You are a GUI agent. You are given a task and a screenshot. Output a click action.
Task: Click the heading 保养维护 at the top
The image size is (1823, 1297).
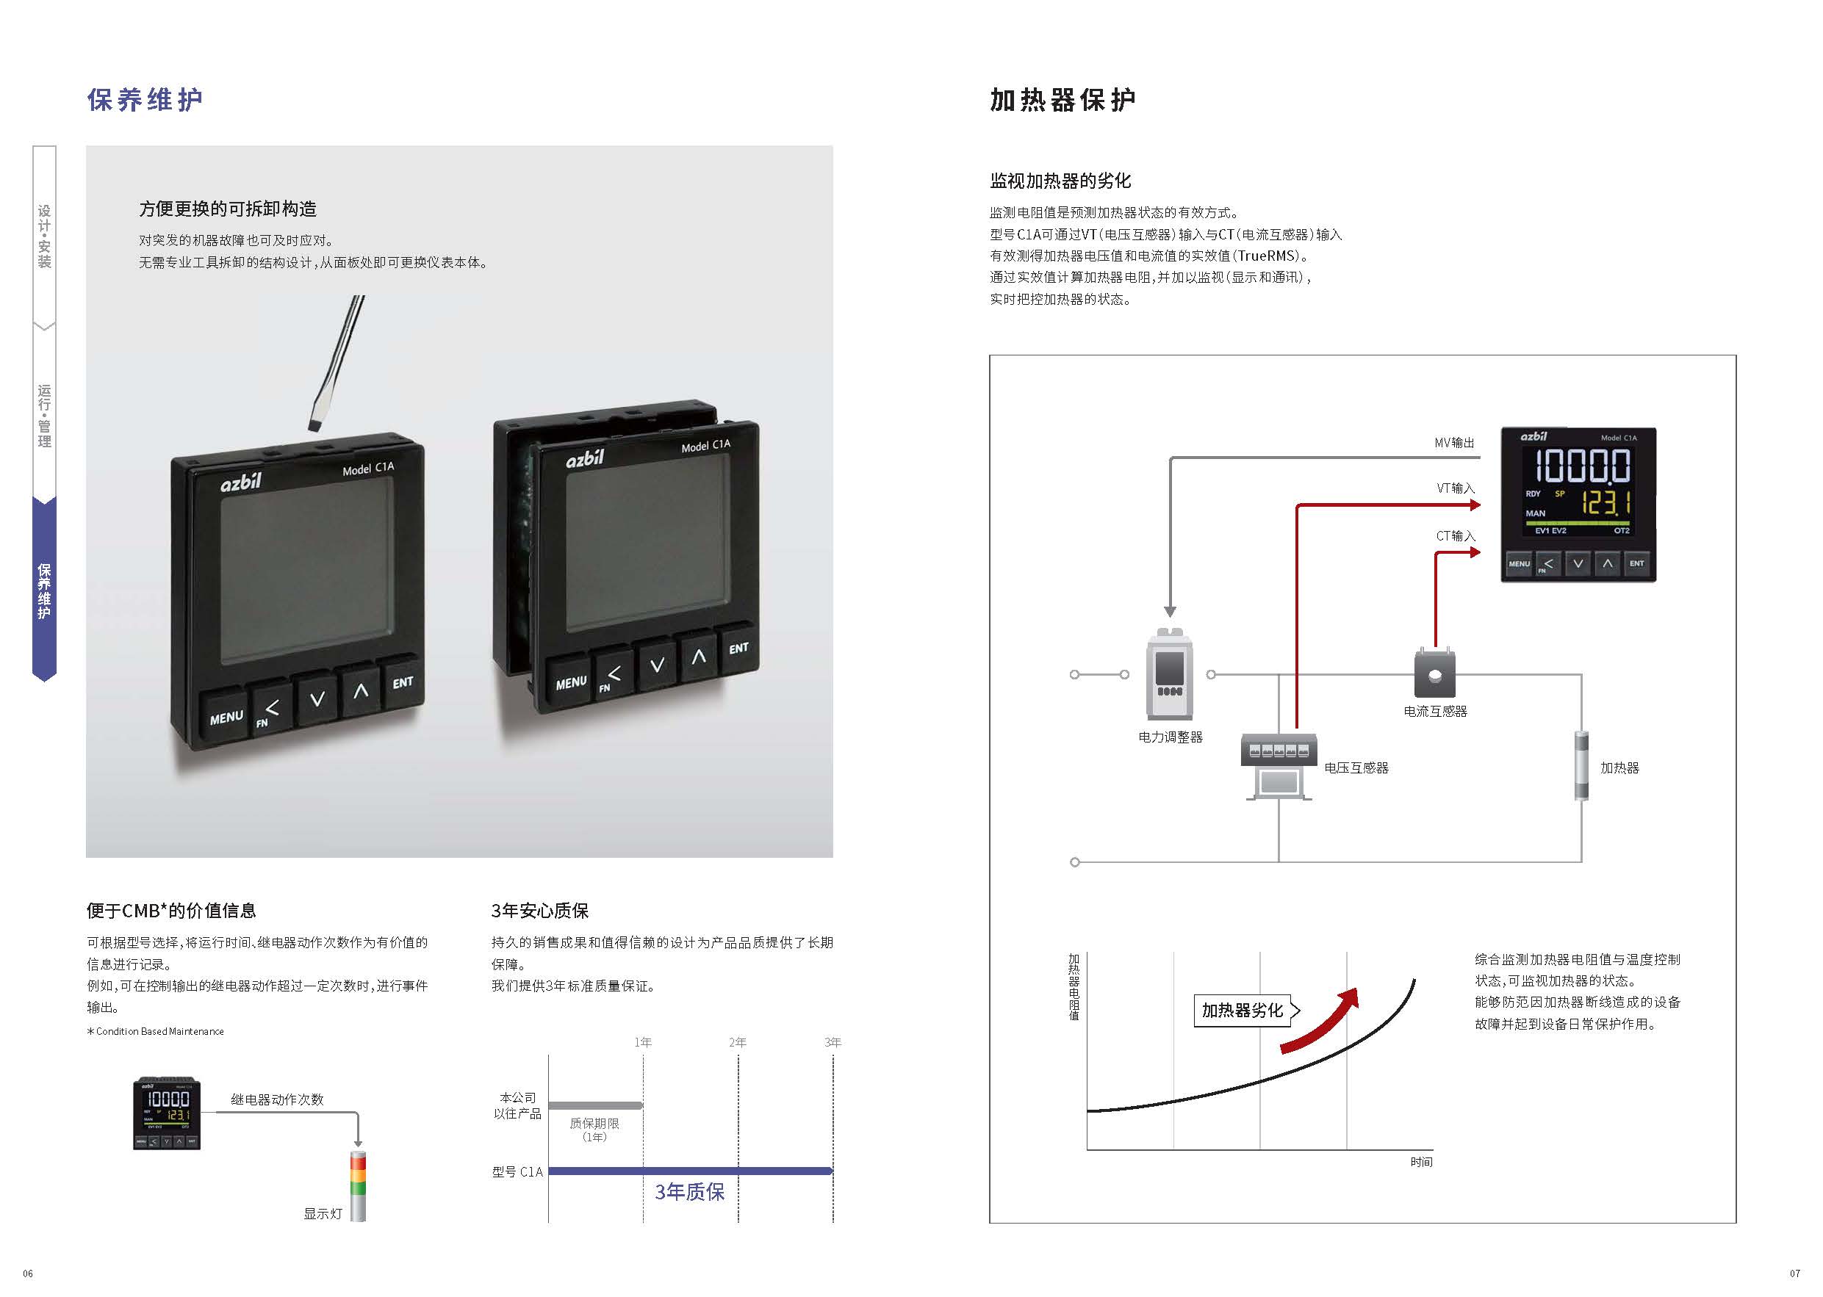(145, 100)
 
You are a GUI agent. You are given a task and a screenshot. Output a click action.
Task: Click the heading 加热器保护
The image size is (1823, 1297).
(1062, 100)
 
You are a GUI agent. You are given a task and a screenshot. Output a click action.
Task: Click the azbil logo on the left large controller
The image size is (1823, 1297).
(240, 483)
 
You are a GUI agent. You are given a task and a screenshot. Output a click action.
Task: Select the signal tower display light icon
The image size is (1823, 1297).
(358, 1185)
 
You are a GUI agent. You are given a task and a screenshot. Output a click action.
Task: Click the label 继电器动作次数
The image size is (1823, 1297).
(277, 1099)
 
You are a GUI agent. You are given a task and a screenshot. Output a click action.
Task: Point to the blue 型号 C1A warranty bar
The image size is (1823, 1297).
(690, 1171)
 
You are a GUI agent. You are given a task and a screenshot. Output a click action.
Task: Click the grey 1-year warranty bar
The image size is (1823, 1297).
(595, 1105)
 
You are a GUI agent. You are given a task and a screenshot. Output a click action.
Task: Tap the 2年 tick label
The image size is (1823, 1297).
(737, 1042)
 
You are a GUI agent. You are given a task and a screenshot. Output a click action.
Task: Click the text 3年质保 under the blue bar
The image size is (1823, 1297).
(689, 1193)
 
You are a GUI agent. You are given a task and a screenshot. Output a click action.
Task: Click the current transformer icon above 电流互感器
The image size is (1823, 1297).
(1435, 674)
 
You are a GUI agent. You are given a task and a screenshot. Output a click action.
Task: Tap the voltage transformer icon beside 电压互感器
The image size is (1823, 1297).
(1279, 765)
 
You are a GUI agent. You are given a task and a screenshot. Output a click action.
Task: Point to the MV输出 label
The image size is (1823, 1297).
(1454, 442)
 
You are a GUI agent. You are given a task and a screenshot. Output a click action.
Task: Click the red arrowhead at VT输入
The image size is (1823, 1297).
(1475, 505)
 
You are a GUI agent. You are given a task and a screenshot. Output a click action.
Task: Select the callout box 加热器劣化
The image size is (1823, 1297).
(1243, 1011)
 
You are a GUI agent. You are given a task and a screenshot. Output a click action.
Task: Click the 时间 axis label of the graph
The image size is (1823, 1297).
(1421, 1162)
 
